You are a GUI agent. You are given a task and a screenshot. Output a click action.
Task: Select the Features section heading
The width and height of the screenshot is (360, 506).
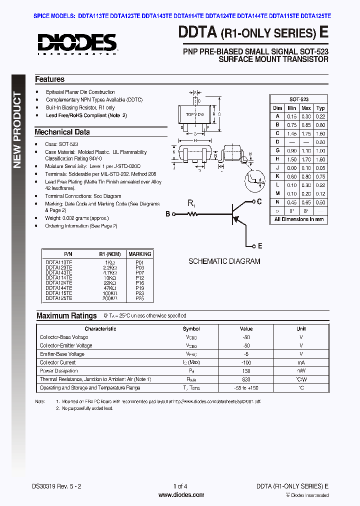[x=49, y=79]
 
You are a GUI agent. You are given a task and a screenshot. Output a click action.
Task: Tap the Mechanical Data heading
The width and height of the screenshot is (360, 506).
[x=62, y=132]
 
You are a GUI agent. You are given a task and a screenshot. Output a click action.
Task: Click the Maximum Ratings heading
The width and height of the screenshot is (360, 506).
[x=66, y=316]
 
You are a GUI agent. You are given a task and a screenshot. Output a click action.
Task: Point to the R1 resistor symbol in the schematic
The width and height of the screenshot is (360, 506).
[x=192, y=214]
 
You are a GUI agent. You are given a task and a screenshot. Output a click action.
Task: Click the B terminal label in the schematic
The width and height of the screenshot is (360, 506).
[x=168, y=214]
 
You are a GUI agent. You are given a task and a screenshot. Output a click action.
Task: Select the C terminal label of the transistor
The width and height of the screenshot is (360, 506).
[x=259, y=201]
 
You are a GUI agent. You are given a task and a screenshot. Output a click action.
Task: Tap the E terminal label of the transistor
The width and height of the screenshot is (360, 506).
[x=260, y=246]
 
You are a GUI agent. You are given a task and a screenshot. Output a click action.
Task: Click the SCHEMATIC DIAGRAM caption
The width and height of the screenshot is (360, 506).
[x=224, y=261]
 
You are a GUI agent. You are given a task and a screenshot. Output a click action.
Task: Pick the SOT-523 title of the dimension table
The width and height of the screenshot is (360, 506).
[x=298, y=99]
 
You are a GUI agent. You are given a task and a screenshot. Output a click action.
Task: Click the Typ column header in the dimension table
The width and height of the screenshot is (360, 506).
[x=320, y=108]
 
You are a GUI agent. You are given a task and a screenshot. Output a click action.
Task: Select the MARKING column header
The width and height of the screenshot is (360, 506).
[x=139, y=254]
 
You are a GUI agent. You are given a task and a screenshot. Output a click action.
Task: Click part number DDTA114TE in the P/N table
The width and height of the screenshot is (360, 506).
[x=59, y=277]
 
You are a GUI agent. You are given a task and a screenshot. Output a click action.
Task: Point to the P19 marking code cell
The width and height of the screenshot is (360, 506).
[x=139, y=288]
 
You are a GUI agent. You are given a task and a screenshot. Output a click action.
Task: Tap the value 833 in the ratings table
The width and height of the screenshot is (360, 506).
[x=246, y=379]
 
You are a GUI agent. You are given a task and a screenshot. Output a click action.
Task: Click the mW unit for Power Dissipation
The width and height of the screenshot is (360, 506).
[x=301, y=371]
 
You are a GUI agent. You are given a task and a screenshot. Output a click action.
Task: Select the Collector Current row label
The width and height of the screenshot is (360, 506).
[x=57, y=362]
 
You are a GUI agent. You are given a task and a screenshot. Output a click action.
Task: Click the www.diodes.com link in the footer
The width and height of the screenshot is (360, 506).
[x=180, y=495]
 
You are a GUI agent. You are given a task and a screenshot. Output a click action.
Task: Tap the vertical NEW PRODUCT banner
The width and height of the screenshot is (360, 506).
[x=17, y=130]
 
